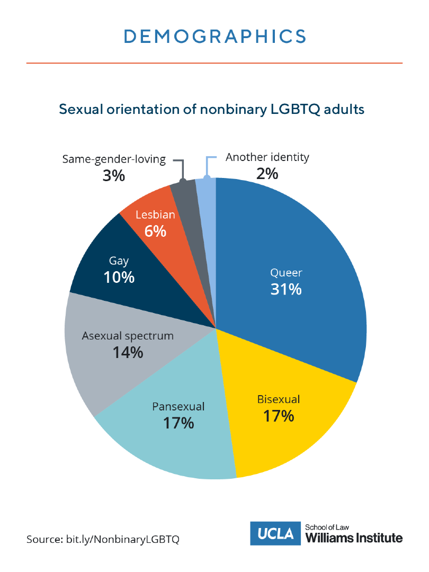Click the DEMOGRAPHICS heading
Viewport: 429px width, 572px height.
click(215, 36)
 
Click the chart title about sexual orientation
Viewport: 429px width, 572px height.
click(212, 109)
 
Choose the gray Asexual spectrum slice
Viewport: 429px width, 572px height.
click(106, 365)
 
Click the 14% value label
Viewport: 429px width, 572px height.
click(128, 352)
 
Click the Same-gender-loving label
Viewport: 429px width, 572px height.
click(114, 159)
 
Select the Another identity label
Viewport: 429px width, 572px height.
click(267, 157)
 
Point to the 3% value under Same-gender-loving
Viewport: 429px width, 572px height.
click(114, 175)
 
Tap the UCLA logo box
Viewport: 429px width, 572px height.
click(276, 534)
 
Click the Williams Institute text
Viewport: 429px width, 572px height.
click(354, 538)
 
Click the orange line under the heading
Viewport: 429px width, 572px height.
click(215, 63)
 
